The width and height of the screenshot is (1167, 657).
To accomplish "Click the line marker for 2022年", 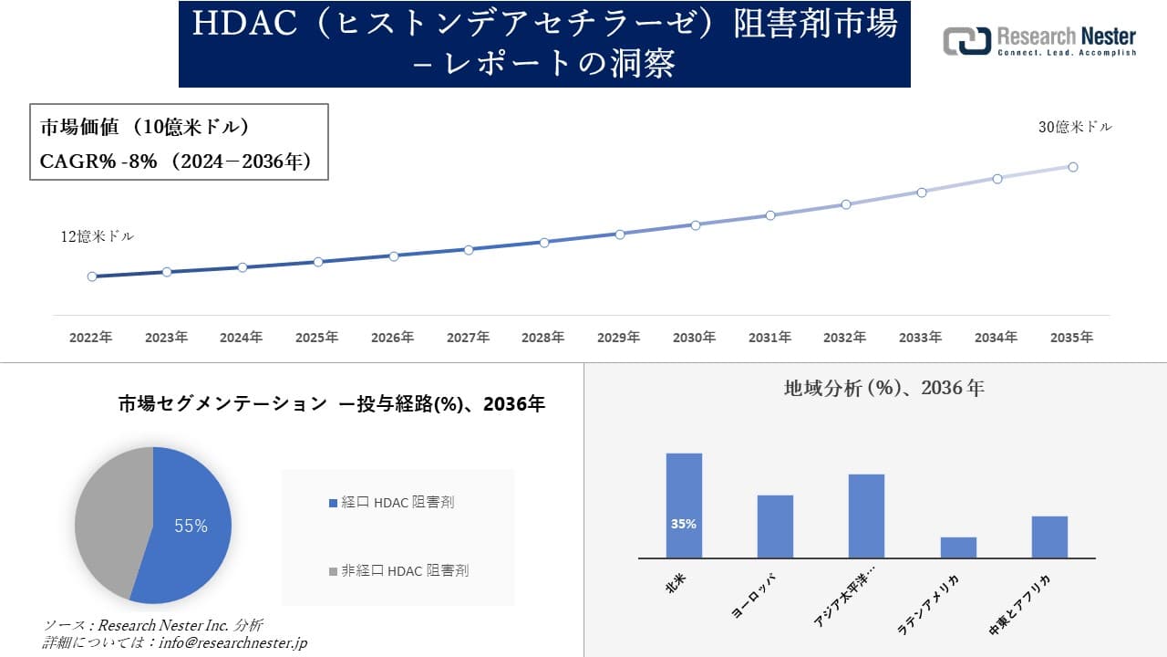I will [92, 276].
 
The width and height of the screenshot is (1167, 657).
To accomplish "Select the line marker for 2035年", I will [1073, 167].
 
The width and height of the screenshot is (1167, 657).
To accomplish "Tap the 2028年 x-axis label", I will [543, 338].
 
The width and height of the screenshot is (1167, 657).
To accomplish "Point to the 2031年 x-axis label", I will [769, 338].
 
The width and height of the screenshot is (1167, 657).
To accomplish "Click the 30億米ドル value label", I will [1075, 128].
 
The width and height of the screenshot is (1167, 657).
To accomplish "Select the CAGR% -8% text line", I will [176, 162].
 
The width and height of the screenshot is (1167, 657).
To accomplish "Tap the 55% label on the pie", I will [191, 526].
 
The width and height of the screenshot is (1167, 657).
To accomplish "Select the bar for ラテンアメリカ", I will [958, 547].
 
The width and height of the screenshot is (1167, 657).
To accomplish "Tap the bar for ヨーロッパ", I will [775, 527].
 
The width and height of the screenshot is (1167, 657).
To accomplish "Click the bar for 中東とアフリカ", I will [1049, 537].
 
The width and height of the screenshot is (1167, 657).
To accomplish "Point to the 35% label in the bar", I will [684, 524].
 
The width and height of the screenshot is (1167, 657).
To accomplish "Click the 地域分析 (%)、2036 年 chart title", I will [883, 388].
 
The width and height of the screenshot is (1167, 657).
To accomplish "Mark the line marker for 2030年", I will [695, 224].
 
